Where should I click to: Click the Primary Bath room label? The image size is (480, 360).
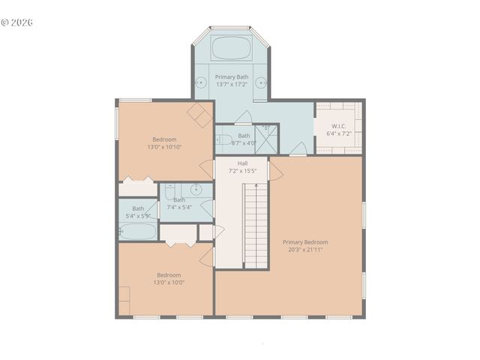click(231, 77)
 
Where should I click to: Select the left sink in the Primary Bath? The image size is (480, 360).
click(202, 83)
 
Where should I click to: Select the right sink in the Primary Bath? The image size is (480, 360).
click(261, 83)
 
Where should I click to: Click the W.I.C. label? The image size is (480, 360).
click(338, 126)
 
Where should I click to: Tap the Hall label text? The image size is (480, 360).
click(243, 163)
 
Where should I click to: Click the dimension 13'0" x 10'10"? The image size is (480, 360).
click(164, 147)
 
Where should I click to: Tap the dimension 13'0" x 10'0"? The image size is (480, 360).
click(169, 282)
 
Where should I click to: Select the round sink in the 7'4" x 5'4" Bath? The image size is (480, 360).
click(196, 189)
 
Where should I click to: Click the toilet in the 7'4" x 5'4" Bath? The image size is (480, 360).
click(169, 192)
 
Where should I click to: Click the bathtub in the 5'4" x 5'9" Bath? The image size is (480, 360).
click(137, 231)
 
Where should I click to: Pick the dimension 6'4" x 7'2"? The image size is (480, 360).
click(338, 133)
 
